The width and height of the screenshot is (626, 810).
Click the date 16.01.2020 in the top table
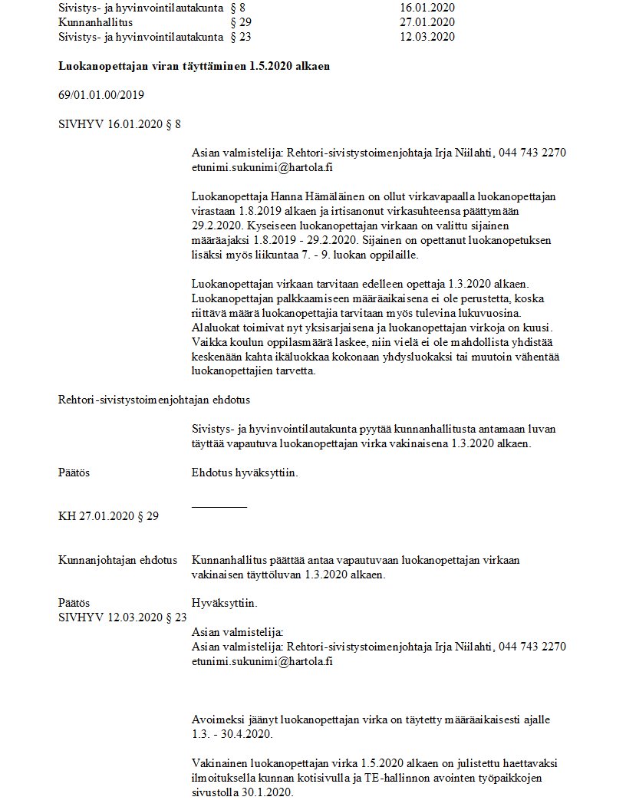click(427, 8)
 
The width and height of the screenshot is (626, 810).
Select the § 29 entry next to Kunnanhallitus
click(241, 22)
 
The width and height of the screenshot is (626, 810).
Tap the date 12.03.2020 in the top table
click(427, 37)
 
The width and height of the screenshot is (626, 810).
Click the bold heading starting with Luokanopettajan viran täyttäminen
click(194, 66)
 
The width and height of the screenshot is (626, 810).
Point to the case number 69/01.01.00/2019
click(101, 95)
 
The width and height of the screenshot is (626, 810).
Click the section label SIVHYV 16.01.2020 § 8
click(120, 123)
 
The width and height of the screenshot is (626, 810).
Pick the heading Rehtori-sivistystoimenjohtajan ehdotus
click(153, 400)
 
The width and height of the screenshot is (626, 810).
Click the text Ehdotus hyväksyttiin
click(245, 472)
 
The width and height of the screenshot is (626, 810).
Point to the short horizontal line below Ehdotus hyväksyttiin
click(219, 507)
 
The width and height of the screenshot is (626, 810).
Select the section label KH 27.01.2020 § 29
click(108, 516)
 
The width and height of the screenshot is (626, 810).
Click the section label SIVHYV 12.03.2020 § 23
click(122, 617)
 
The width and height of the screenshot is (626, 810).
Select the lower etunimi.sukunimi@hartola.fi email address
click(262, 660)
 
